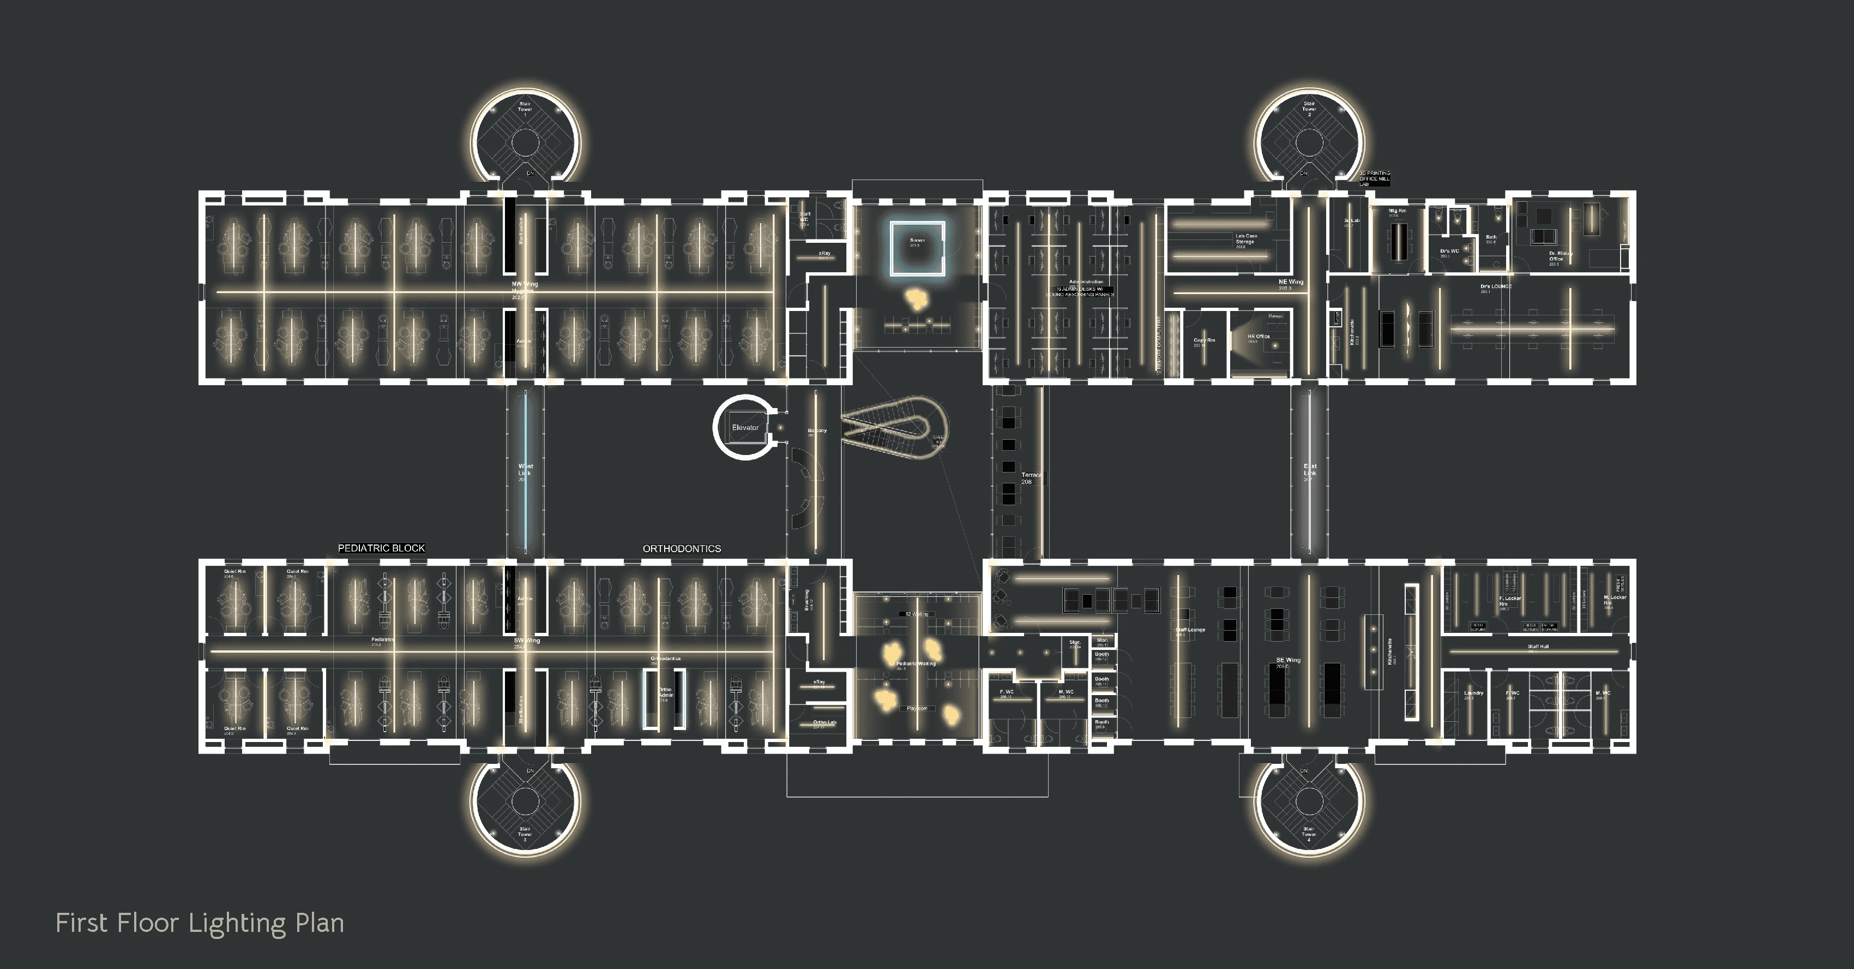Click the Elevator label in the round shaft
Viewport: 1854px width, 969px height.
[x=745, y=428]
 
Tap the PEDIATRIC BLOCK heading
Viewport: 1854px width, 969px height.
[x=382, y=548]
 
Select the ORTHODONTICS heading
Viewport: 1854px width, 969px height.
[x=682, y=548]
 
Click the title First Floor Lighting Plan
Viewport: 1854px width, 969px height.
[x=200, y=923]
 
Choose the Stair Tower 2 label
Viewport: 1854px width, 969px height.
[x=1309, y=108]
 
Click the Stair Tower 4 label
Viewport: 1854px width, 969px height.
[x=1309, y=834]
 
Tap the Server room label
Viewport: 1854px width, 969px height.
[x=917, y=242]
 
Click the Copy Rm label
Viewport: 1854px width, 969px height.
[x=1203, y=341]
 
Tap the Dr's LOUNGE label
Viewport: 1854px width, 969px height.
[x=1496, y=286]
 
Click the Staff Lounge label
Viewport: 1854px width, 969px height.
[x=1190, y=631]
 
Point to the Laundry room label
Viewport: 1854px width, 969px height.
[x=1473, y=694]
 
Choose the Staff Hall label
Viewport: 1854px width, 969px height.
[x=1538, y=647]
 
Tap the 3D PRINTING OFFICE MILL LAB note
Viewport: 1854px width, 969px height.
[x=1374, y=178]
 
